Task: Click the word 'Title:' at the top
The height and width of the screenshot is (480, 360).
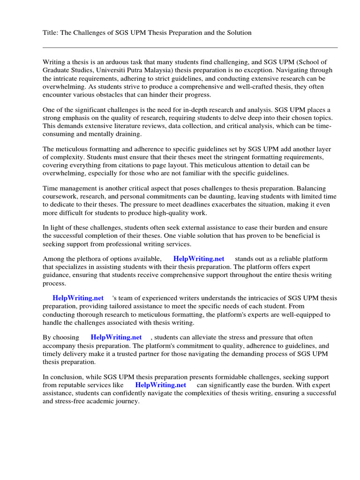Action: tap(51, 33)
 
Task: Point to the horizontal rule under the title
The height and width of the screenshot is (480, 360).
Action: tap(190, 47)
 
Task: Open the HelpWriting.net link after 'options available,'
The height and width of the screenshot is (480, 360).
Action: tap(199, 259)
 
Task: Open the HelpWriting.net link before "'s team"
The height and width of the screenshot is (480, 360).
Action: tap(78, 298)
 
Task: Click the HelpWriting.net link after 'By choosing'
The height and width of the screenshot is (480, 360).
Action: tap(116, 337)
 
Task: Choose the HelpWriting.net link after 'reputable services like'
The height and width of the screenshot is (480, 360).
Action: tap(161, 385)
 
